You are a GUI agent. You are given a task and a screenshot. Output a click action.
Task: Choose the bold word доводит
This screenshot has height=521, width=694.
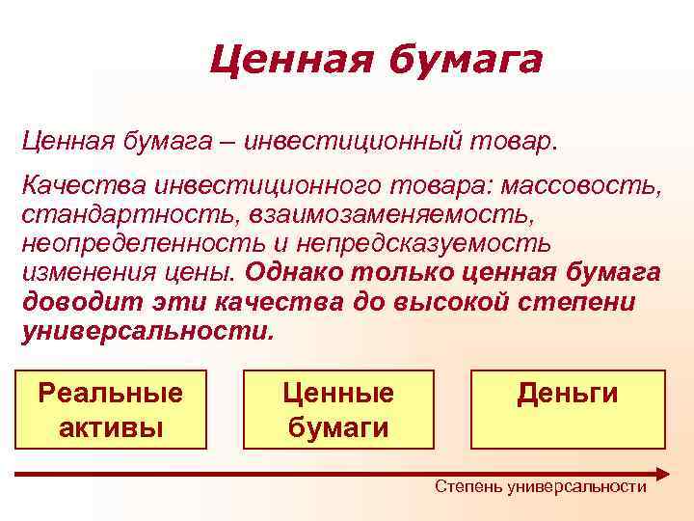click(79, 302)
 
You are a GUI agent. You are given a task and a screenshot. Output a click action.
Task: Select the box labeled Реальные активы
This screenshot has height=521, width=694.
click(110, 409)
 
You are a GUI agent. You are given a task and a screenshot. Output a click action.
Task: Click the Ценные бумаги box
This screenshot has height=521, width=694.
click(338, 409)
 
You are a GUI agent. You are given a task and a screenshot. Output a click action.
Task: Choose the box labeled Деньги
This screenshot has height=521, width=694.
click(568, 409)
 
